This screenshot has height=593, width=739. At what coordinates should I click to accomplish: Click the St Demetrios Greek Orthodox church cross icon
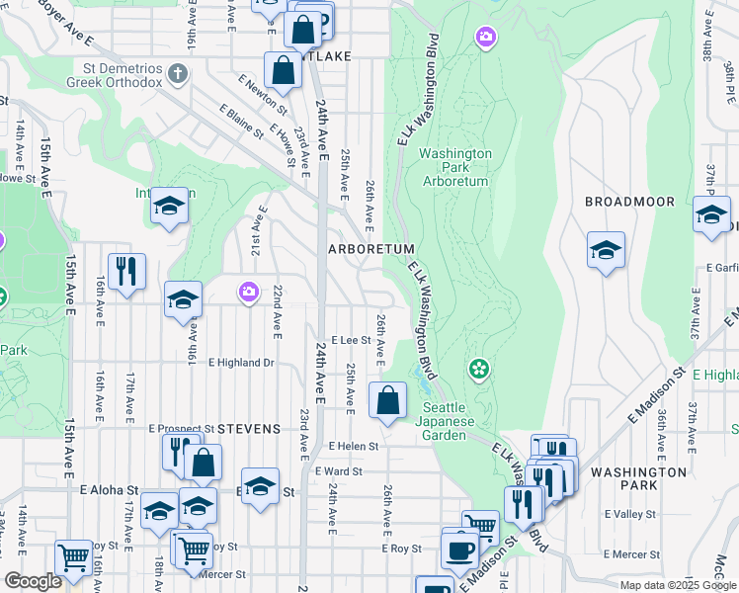coord(177,73)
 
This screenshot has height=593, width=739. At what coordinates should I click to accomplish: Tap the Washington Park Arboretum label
coord(455,167)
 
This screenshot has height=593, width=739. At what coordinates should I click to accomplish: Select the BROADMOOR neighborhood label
coord(629,201)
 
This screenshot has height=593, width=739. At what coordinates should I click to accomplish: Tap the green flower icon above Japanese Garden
coord(479,370)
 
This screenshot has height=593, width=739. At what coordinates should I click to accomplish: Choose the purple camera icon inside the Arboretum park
coord(484,39)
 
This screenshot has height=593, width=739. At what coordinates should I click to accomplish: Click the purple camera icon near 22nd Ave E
coord(248,292)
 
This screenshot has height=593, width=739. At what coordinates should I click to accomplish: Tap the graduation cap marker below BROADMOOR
coord(606,250)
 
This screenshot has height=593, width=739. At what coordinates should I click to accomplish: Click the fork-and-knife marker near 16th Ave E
coord(126,272)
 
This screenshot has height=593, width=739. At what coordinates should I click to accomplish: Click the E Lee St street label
coord(351,339)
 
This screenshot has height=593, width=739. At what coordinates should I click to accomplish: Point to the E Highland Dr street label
coord(240,363)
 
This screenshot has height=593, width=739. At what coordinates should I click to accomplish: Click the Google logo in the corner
coord(33,581)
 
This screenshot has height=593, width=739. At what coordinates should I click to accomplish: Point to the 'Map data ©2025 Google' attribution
coord(678,585)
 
